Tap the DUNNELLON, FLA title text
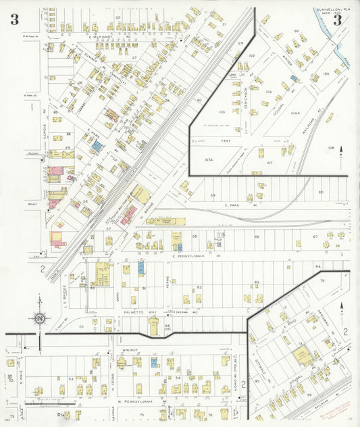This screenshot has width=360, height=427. coord(332,9)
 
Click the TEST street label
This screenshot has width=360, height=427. coord(226,141)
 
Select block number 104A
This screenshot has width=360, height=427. coord(294,114)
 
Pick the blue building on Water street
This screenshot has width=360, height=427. coord(294,78)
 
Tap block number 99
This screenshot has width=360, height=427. coord(296,32)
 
